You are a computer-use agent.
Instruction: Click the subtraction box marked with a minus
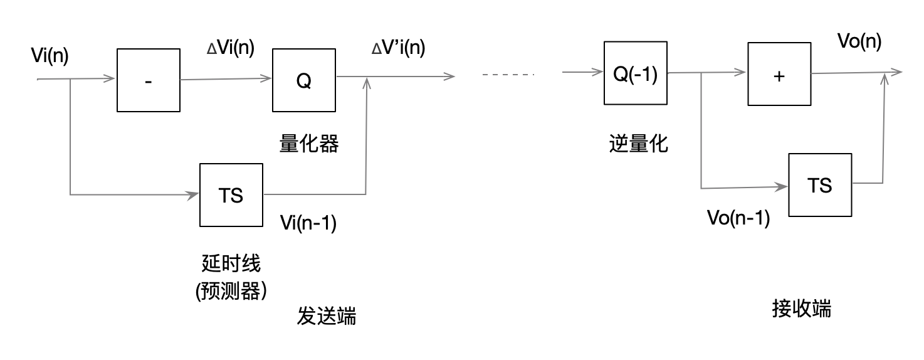tap(149, 80)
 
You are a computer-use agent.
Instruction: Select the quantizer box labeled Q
tap(303, 80)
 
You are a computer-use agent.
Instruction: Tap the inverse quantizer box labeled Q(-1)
tap(634, 73)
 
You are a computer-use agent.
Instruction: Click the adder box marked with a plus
tap(779, 75)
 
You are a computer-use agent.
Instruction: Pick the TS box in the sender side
tap(231, 195)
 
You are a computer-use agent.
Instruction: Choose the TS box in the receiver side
tap(820, 184)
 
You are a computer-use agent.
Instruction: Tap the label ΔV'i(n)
tap(398, 48)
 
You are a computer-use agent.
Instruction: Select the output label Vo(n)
tap(859, 41)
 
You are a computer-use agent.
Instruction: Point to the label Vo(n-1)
tap(738, 218)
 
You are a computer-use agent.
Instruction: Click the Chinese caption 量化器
tap(308, 144)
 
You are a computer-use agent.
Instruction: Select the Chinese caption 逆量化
tap(638, 144)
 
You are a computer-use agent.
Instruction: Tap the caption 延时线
tap(231, 263)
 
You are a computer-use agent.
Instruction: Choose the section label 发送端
tap(326, 316)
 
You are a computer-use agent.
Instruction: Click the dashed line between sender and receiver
tap(508, 75)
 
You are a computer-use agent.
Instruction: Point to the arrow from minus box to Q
tap(226, 80)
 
